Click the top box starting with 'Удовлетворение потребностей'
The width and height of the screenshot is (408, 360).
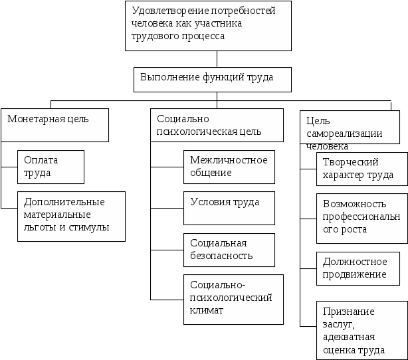pyautogui.click(x=208, y=26)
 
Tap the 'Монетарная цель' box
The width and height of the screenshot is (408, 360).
pyautogui.click(x=55, y=125)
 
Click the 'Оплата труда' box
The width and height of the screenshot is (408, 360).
pyautogui.click(x=51, y=167)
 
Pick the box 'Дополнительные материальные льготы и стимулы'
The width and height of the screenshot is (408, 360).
pyautogui.click(x=71, y=216)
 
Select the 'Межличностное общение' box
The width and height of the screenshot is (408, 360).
pyautogui.click(x=229, y=167)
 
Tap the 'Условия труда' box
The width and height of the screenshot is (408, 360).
pyautogui.click(x=229, y=208)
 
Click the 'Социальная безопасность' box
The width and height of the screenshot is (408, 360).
pyautogui.click(x=229, y=250)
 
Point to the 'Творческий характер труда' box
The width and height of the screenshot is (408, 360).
pyautogui.click(x=359, y=169)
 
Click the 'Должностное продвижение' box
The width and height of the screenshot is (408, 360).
pyautogui.click(x=358, y=268)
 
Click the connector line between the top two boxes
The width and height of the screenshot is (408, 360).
pyautogui.click(x=217, y=58)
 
